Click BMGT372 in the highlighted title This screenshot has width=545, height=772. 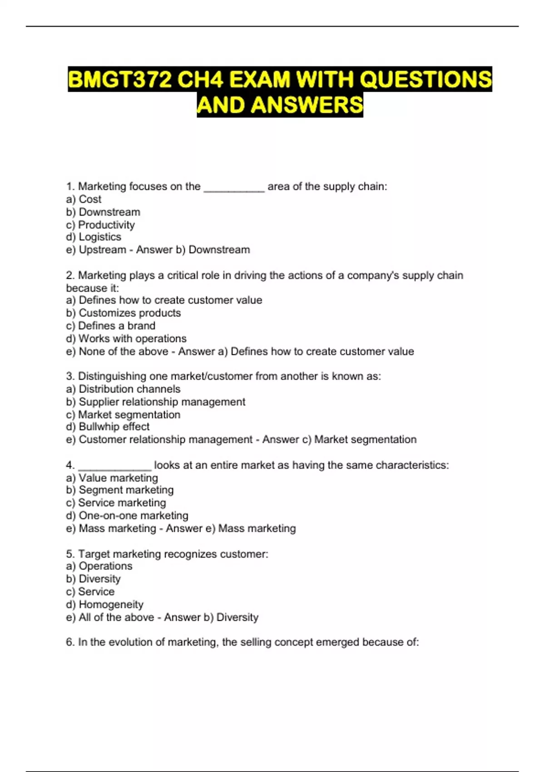119,79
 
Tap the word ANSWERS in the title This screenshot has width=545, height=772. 307,105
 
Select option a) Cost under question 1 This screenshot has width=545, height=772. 84,199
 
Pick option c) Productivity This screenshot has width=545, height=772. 100,225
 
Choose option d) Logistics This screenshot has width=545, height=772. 94,237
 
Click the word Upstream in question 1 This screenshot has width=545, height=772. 102,250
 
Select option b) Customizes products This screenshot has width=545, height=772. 123,313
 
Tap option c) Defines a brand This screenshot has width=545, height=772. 111,326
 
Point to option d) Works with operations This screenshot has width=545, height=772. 126,338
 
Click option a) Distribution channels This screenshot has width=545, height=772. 123,389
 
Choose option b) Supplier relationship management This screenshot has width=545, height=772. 155,402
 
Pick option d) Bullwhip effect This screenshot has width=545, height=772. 108,427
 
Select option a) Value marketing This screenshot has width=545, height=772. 112,478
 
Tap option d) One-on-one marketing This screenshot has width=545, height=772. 127,515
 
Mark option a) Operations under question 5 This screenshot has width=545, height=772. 99,566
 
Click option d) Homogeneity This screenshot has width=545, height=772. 104,604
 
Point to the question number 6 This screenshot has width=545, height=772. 70,642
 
